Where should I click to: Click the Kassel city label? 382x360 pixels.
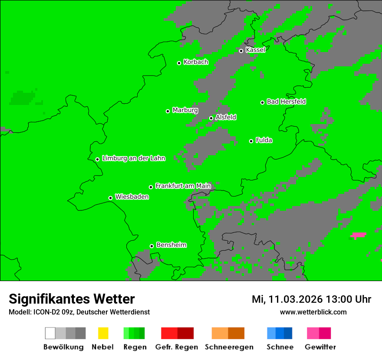click(255, 50)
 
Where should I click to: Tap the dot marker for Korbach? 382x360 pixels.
click(179, 63)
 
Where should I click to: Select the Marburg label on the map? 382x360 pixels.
click(185, 110)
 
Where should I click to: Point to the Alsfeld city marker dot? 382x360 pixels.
click(211, 118)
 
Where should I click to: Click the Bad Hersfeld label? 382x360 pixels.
click(286, 101)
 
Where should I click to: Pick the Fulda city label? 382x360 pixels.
click(264, 140)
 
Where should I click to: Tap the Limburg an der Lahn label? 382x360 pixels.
click(134, 158)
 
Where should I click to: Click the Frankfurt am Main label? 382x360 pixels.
click(183, 186)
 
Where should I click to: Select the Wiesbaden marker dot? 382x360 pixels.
click(110, 198)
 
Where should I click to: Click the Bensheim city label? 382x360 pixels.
click(171, 245)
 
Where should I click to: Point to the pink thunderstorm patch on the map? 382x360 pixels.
click(358, 236)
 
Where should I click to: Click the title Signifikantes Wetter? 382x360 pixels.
click(72, 299)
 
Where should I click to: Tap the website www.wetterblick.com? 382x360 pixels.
click(313, 312)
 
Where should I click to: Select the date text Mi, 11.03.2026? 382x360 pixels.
click(286, 299)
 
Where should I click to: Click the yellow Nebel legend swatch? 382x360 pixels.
click(103, 333)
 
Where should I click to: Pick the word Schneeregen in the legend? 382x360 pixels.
click(229, 347)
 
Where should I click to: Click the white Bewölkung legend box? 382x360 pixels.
click(50, 333)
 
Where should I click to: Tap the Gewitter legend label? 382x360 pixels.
click(320, 347)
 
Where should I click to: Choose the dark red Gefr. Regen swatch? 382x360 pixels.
click(186, 333)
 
